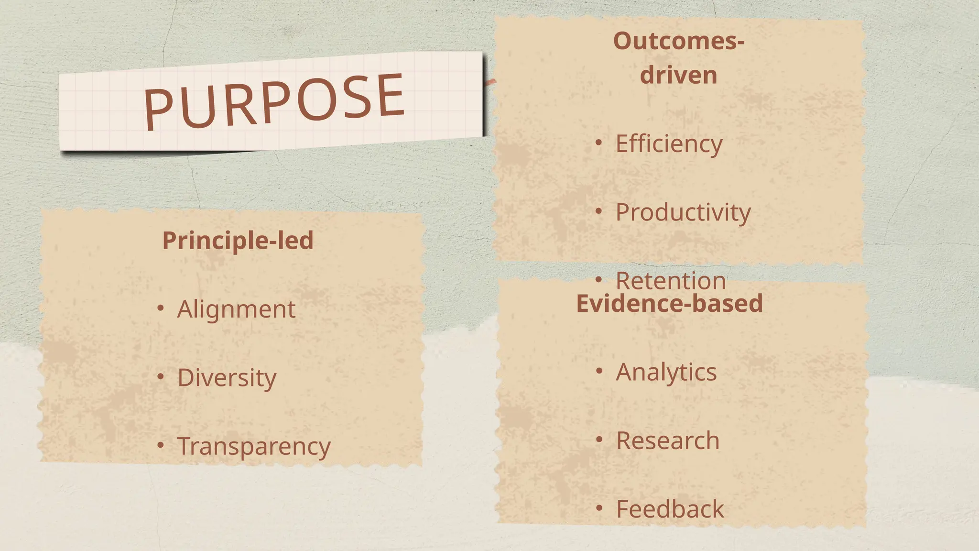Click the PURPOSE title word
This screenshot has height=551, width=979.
pyautogui.click(x=274, y=101)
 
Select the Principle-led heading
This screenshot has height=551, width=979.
pyautogui.click(x=238, y=241)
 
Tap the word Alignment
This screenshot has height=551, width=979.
pyautogui.click(x=236, y=309)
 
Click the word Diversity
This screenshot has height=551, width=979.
pyautogui.click(x=227, y=378)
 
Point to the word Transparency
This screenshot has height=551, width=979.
pyautogui.click(x=254, y=446)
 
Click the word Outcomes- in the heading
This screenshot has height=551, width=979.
pyautogui.click(x=679, y=41)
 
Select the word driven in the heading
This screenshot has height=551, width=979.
pyautogui.click(x=679, y=76)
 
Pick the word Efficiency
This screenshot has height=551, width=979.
pyautogui.click(x=669, y=143)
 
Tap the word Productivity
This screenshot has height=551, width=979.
pyautogui.click(x=683, y=212)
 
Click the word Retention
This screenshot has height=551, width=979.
pyautogui.click(x=671, y=280)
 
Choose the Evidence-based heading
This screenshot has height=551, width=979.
pyautogui.click(x=669, y=304)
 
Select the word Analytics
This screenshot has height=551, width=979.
pyautogui.click(x=666, y=372)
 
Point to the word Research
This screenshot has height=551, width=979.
pyautogui.click(x=668, y=441)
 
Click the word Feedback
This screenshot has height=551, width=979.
pyautogui.click(x=670, y=509)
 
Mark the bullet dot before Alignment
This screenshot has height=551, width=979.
pyautogui.click(x=161, y=309)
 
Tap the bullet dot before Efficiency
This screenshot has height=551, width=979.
pyautogui.click(x=599, y=143)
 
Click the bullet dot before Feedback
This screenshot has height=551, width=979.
pyautogui.click(x=599, y=508)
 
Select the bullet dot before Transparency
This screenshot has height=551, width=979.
pyautogui.click(x=161, y=446)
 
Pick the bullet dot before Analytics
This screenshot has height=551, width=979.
pyautogui.click(x=599, y=371)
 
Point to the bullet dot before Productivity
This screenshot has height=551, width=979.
pyautogui.click(x=599, y=211)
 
